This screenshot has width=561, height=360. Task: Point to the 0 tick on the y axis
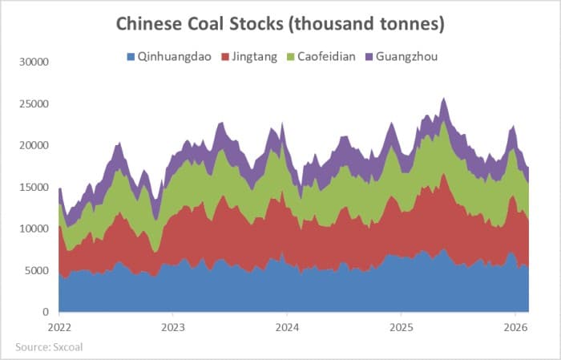(46, 312)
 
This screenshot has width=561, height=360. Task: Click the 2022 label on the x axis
(59, 327)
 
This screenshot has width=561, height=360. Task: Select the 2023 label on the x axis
(173, 327)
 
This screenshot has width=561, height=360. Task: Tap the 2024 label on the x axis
(287, 327)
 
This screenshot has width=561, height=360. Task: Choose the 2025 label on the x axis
(401, 327)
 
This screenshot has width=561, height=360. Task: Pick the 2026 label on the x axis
(515, 327)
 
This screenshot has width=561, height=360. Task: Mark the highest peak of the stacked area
(444, 99)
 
